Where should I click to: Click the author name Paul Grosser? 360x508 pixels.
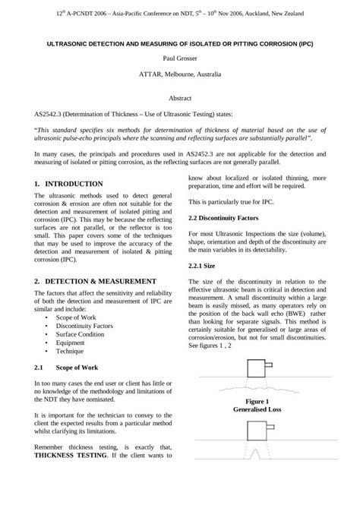179,57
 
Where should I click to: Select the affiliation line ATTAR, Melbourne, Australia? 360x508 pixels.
179,74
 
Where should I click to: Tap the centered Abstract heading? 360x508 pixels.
179,99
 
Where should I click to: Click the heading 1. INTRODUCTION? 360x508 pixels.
69,185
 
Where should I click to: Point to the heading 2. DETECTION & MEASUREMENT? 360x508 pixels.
96,281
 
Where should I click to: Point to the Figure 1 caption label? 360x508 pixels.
257,400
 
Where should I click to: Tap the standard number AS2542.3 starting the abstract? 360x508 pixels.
52,114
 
